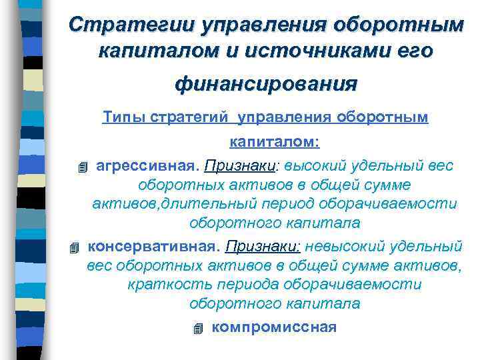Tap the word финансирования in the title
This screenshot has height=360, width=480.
(266, 84)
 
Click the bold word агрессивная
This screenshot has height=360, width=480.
(147, 165)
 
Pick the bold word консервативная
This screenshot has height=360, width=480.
(153, 246)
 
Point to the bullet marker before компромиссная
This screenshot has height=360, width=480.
(196, 328)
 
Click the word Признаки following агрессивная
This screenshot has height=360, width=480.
(233, 165)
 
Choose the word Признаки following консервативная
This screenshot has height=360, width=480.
(264, 246)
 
